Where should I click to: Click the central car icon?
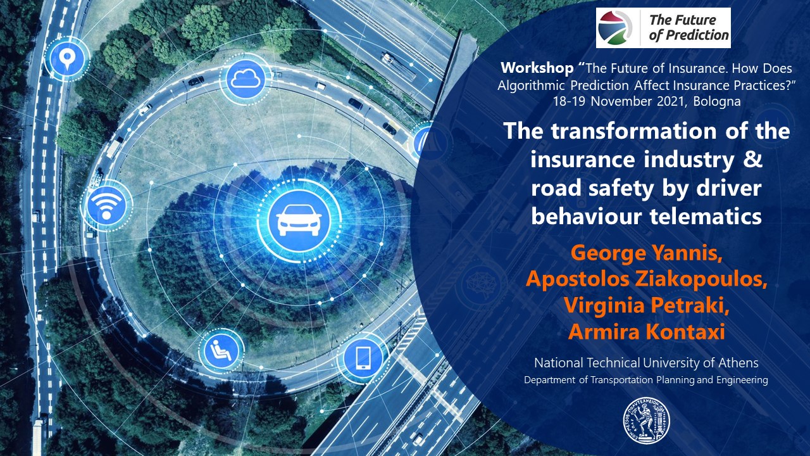(299, 220)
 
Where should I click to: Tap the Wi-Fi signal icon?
(106, 206)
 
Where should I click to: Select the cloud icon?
(246, 79)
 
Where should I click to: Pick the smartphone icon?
(363, 358)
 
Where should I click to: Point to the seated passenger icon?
(221, 350)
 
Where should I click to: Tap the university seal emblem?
(646, 421)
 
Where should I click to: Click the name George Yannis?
(646, 253)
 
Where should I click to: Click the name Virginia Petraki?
(646, 305)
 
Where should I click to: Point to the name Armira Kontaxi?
(646, 331)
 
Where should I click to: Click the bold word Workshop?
(537, 68)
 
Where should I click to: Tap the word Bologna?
(717, 101)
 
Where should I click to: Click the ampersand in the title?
(753, 160)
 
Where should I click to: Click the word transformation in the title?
(633, 130)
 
